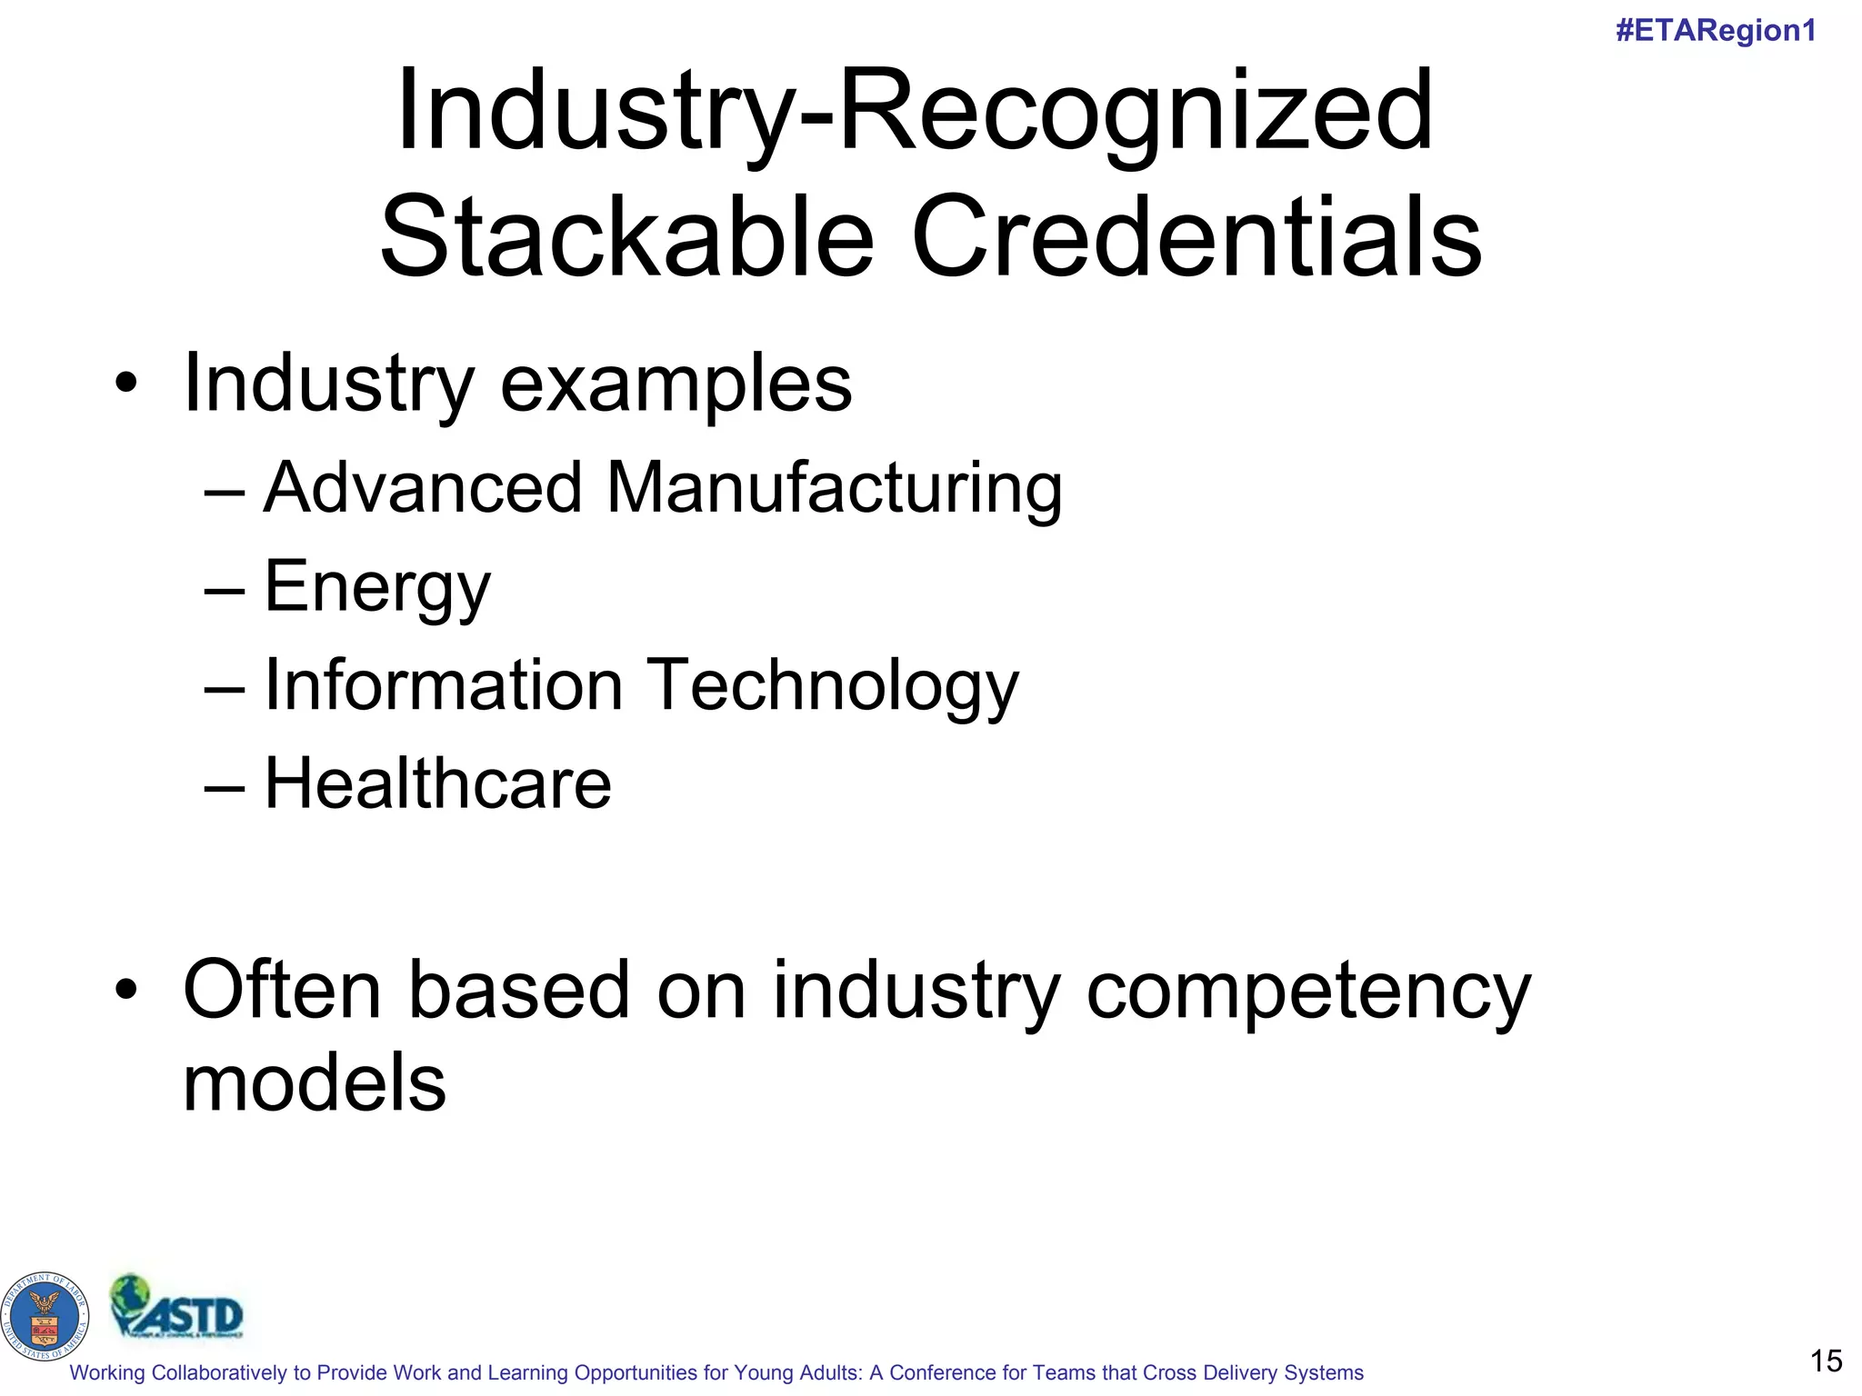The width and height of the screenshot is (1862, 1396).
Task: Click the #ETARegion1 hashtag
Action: pos(1716,31)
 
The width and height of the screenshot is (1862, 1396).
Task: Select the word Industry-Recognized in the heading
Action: pos(915,113)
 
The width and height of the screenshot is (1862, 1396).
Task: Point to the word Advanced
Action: pos(423,488)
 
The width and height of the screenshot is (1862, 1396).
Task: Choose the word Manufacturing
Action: pos(834,488)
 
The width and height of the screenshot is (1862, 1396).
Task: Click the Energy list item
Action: pos(377,588)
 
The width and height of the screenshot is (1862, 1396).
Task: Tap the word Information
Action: pos(443,684)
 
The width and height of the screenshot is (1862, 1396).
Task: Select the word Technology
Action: pos(834,686)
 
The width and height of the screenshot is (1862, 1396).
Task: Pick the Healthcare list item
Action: pos(437,783)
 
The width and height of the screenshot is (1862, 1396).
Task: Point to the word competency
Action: pos(1308,992)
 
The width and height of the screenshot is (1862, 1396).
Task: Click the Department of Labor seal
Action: pos(45,1315)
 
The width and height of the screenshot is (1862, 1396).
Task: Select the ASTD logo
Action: pos(177,1308)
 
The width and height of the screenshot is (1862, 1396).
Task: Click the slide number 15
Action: pos(1826,1361)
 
